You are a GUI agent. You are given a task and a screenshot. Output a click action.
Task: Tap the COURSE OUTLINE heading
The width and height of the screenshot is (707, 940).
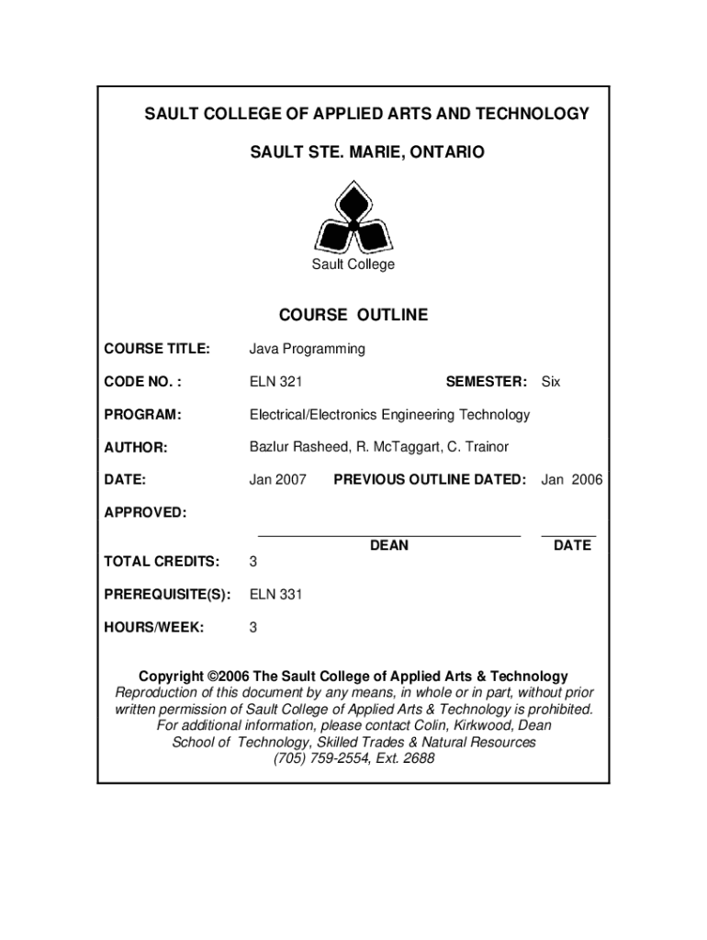(353, 315)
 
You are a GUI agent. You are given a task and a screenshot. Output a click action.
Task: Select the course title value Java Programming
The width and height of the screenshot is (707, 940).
(307, 349)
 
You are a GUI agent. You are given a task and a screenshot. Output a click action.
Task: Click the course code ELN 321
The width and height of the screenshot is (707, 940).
(276, 382)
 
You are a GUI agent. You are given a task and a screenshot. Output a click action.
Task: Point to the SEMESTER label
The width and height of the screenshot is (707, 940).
(486, 382)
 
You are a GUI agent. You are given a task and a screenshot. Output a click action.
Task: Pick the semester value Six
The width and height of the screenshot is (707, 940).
(550, 382)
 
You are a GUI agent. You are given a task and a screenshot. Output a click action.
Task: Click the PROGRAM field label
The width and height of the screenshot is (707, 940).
(142, 415)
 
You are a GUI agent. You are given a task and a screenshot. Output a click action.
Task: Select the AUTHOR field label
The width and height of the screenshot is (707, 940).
(136, 447)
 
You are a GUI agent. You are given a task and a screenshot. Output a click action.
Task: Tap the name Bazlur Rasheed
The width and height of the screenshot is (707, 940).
(293, 447)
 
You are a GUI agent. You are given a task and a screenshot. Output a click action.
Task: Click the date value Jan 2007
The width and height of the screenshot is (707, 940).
(278, 480)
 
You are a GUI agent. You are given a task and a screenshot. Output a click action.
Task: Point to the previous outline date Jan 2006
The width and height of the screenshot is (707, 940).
(572, 480)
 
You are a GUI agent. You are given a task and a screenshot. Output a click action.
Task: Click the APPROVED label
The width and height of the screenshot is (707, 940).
(145, 512)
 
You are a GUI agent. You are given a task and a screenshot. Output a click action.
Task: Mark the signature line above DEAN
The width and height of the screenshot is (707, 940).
(389, 534)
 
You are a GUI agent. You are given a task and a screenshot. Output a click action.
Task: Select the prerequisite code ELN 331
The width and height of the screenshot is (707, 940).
(276, 595)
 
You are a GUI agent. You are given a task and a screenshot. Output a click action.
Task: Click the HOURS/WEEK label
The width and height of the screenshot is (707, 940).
(154, 628)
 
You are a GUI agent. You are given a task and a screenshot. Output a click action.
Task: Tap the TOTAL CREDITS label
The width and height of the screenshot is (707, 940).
(162, 561)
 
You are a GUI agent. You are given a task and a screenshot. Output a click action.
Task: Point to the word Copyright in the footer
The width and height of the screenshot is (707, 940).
(171, 677)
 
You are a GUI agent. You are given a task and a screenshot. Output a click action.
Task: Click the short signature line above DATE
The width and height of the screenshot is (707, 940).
(568, 534)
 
